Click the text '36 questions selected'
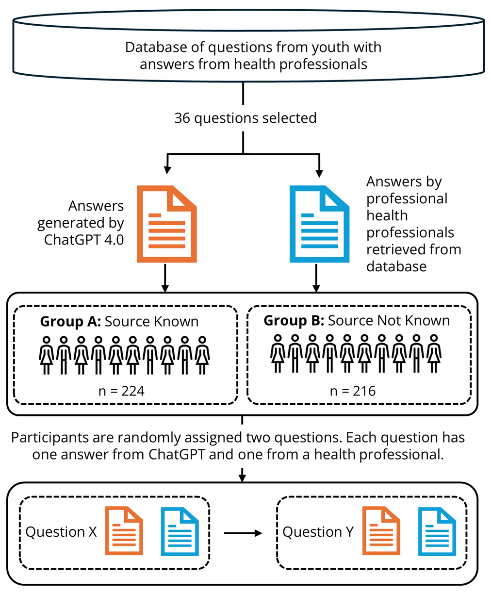coord(245,118)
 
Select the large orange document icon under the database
coord(166,224)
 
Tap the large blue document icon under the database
coord(319,224)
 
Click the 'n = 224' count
coord(121,391)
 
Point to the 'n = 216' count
coord(353,391)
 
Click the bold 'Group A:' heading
coord(70,321)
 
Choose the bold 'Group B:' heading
coord(294,320)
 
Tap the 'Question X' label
coord(61,532)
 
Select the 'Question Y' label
coord(318,532)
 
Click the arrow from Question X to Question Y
coord(243,533)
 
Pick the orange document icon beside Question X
coord(124,531)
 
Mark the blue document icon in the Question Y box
coord(437,531)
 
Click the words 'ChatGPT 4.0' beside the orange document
coord(84,240)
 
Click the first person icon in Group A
coord(47,355)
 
